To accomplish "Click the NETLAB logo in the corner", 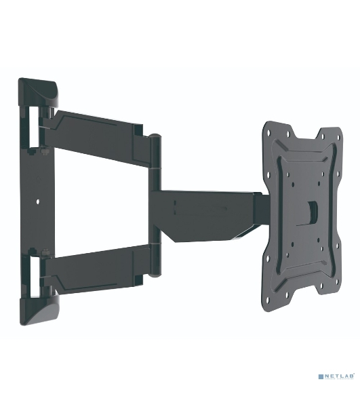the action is tap(336, 376).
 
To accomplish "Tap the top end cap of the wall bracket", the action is tap(39, 92).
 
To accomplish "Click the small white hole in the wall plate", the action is tap(38, 201).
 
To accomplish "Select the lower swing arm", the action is tap(96, 270).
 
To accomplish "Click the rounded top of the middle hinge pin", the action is tap(155, 136).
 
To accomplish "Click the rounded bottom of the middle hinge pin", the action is tap(155, 275).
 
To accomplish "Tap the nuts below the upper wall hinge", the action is tap(38, 151).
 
